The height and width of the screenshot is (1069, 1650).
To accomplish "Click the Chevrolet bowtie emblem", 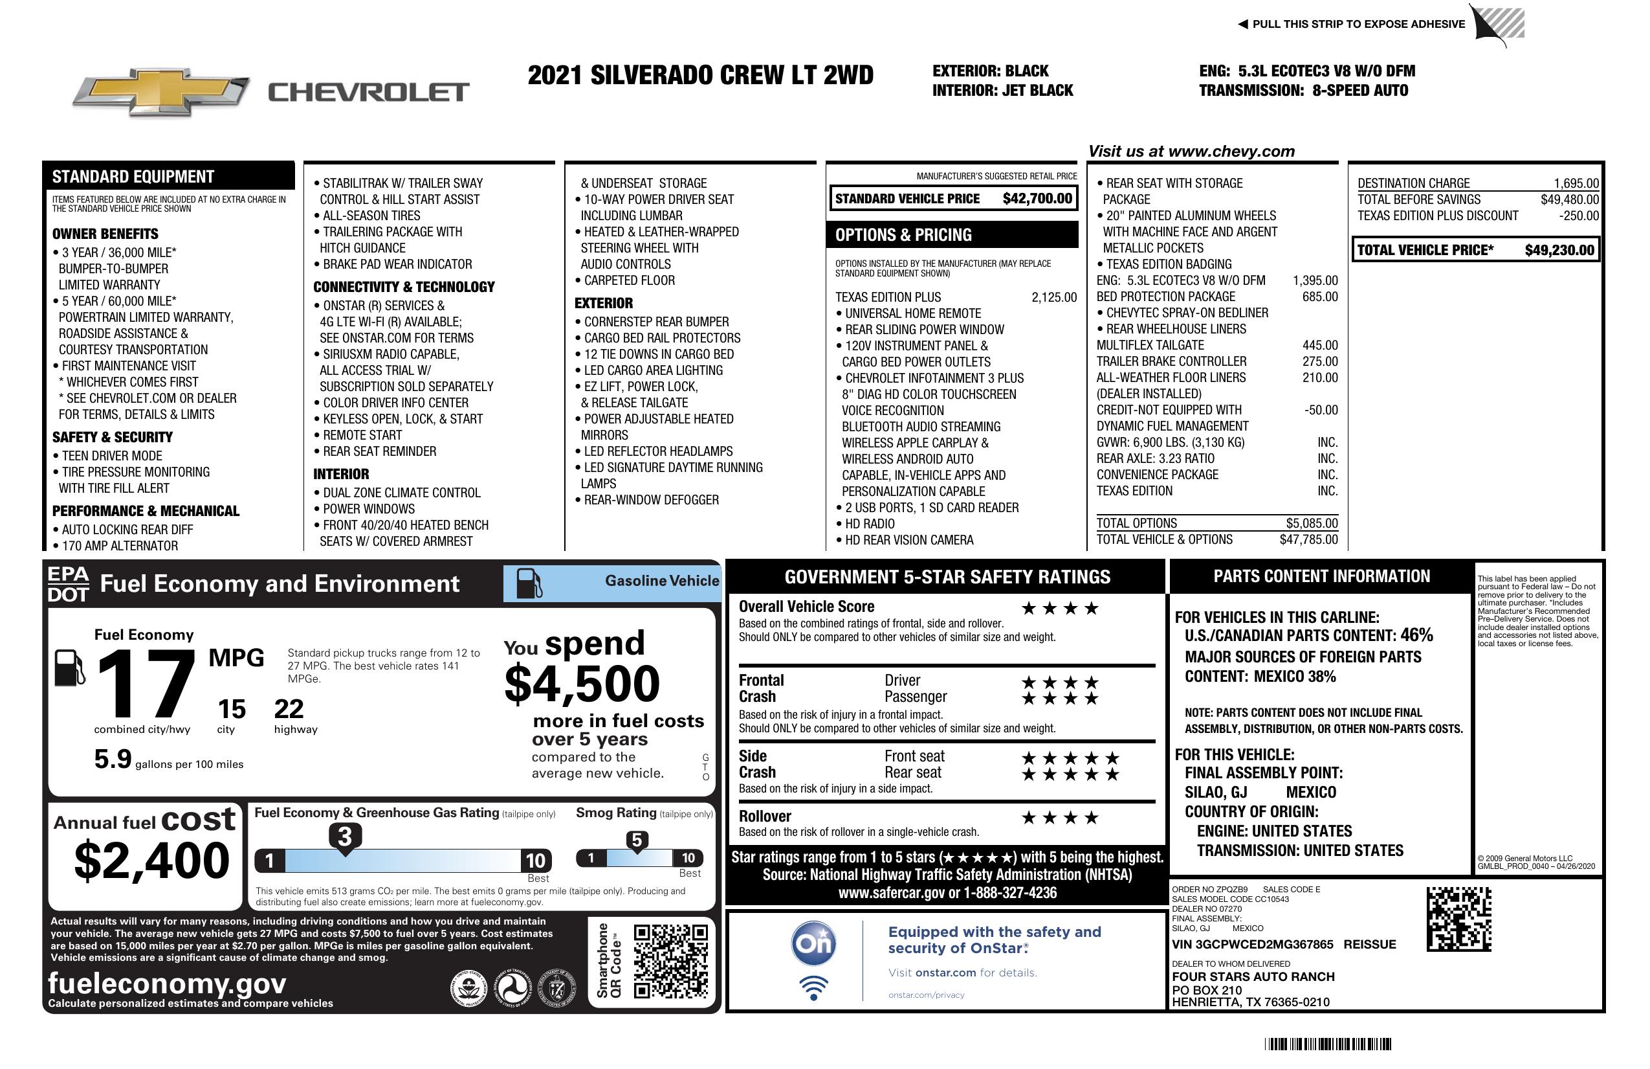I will (x=161, y=91).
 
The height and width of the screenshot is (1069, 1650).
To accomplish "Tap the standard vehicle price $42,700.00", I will (x=1037, y=199).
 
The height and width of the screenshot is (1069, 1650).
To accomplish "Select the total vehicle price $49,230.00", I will (x=1559, y=251).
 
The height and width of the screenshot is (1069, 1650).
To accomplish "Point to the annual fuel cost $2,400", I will (x=151, y=861).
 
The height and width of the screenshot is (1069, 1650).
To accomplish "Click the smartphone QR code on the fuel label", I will (x=670, y=961).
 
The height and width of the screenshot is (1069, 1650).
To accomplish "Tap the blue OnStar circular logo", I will (x=813, y=943).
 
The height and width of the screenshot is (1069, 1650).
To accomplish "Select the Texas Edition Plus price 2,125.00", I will (x=1054, y=298).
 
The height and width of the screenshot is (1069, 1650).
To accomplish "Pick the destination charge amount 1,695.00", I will (x=1576, y=184).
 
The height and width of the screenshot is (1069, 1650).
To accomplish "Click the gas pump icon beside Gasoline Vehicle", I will (x=529, y=583).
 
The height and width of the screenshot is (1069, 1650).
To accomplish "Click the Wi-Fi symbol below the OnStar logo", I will (x=813, y=987).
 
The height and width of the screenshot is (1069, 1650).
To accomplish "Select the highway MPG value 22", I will (x=289, y=709).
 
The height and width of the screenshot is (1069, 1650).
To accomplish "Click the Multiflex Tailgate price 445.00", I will (x=1319, y=346).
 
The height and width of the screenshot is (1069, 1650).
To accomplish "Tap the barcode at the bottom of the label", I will (x=1328, y=1044).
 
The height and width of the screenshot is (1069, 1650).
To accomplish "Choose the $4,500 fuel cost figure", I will (x=582, y=684).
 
